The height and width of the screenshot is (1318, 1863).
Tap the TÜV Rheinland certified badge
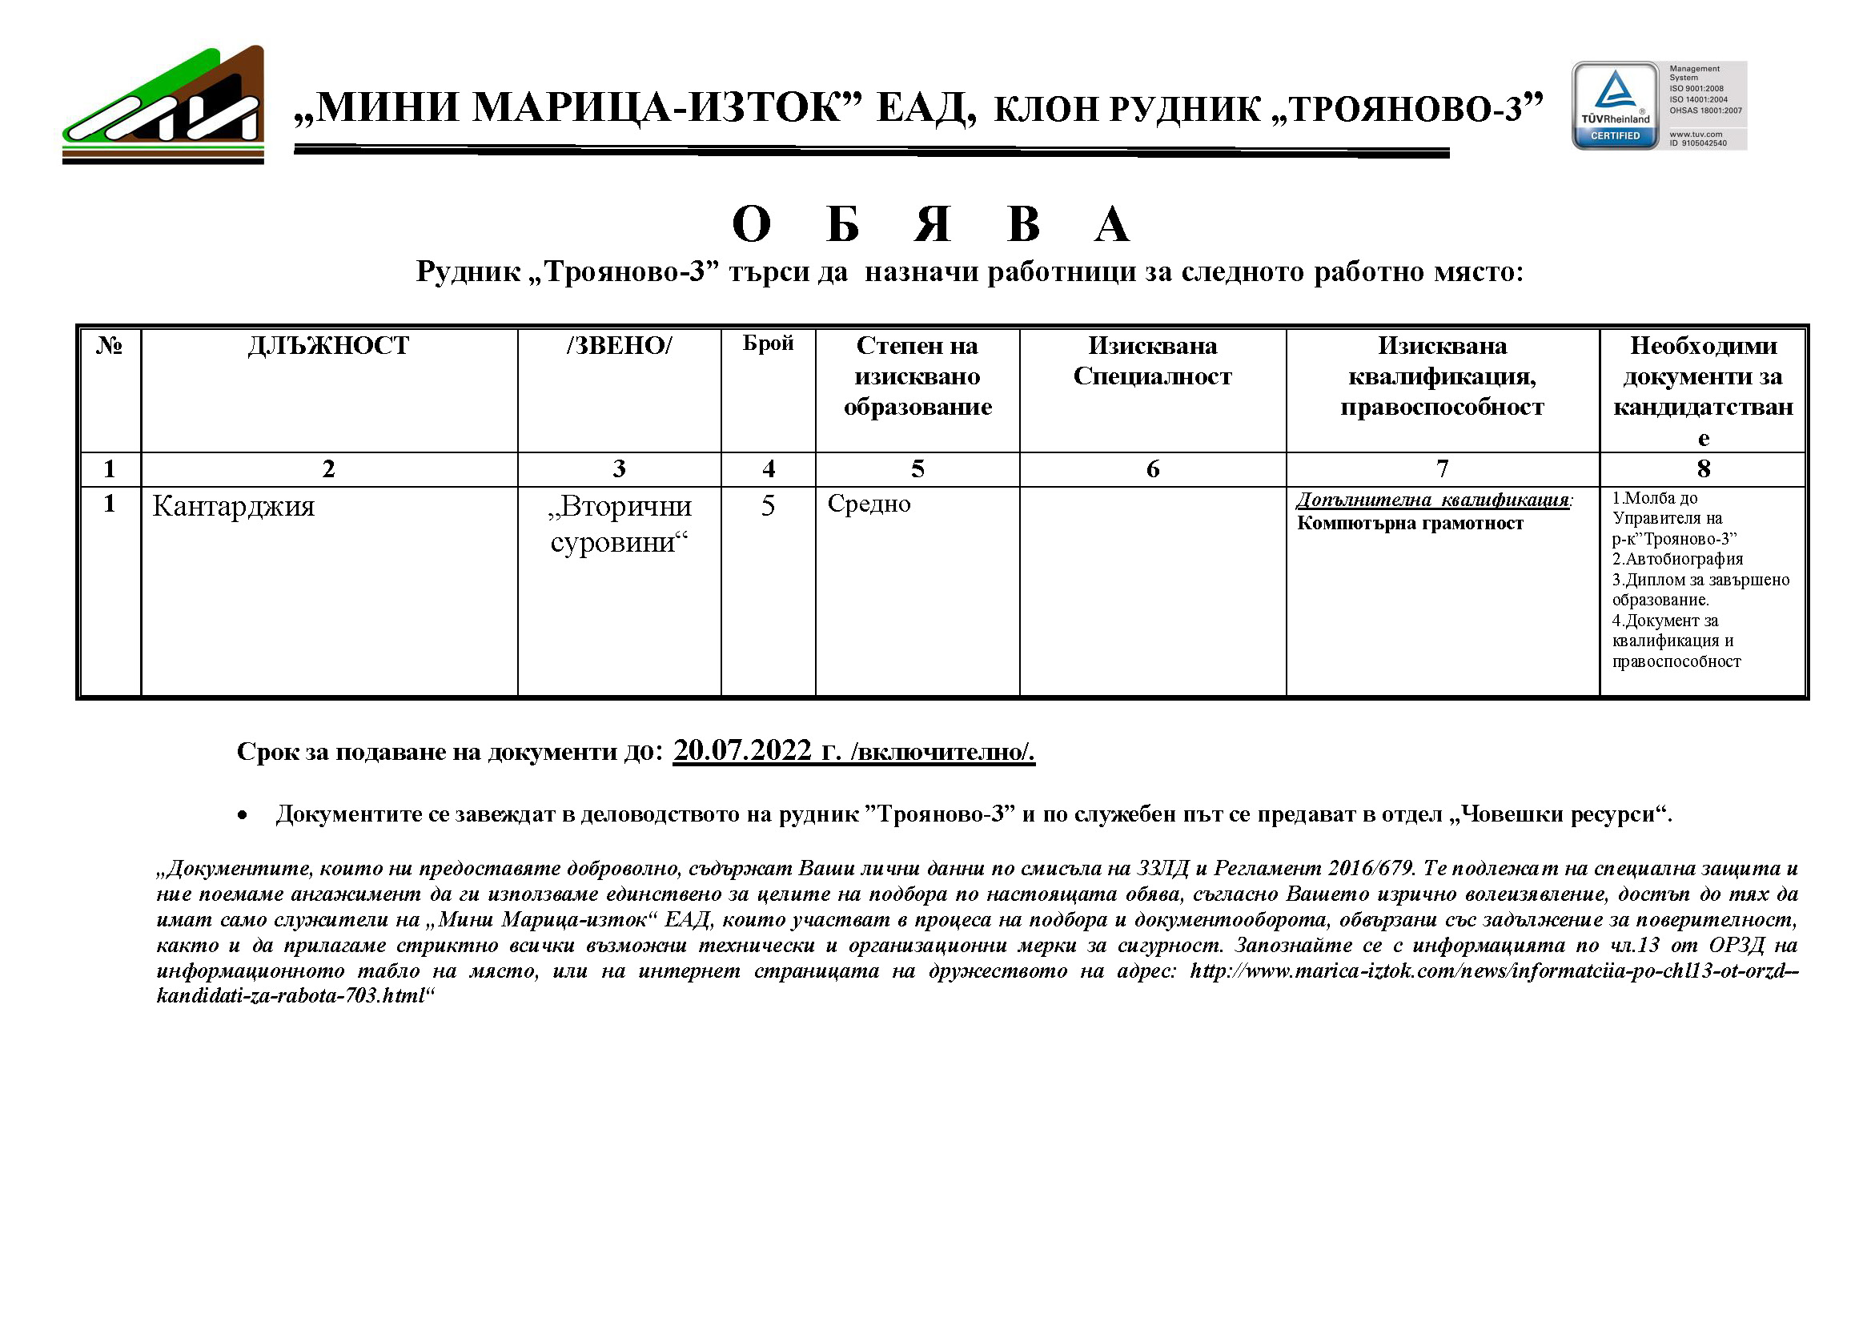pos(1615,106)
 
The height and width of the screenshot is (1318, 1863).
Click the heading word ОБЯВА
pos(930,224)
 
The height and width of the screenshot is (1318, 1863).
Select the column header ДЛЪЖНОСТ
pos(328,346)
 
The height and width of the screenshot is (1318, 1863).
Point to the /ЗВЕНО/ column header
pos(619,346)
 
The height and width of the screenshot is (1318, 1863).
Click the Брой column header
pos(768,344)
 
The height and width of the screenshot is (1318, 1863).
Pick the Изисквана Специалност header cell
pos(1152,361)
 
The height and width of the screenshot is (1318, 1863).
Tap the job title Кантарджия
pos(234,506)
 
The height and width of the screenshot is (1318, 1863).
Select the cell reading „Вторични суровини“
pos(619,524)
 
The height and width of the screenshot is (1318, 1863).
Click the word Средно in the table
pos(869,504)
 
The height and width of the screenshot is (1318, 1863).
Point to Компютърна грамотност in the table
pos(1410,524)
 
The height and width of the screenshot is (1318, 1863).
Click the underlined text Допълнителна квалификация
pos(1433,500)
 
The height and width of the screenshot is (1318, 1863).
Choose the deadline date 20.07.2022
pos(742,750)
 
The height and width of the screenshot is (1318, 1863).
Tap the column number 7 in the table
pos(1442,469)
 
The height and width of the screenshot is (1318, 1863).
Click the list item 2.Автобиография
pos(1677,559)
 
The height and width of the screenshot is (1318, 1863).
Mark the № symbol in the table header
pos(110,346)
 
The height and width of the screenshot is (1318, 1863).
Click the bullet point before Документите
pos(242,816)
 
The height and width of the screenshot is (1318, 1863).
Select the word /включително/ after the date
pos(943,752)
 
